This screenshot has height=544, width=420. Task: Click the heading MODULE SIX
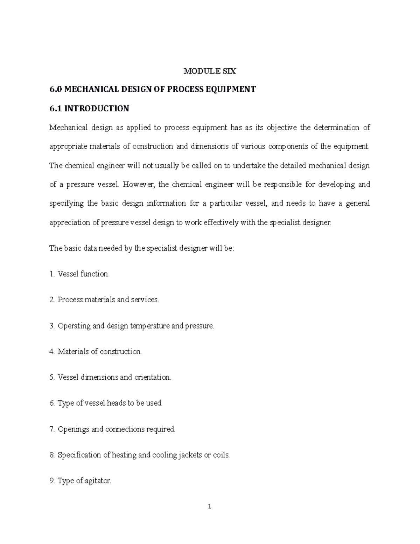point(210,71)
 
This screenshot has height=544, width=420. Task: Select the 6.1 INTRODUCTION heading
point(89,109)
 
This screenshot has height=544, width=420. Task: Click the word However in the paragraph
point(139,185)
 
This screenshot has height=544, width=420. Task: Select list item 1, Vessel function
point(79,274)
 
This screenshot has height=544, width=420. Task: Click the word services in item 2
point(145,300)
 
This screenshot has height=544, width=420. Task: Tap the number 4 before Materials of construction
point(51,352)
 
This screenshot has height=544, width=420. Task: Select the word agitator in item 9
point(98,481)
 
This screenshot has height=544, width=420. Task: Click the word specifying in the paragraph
point(66,204)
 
